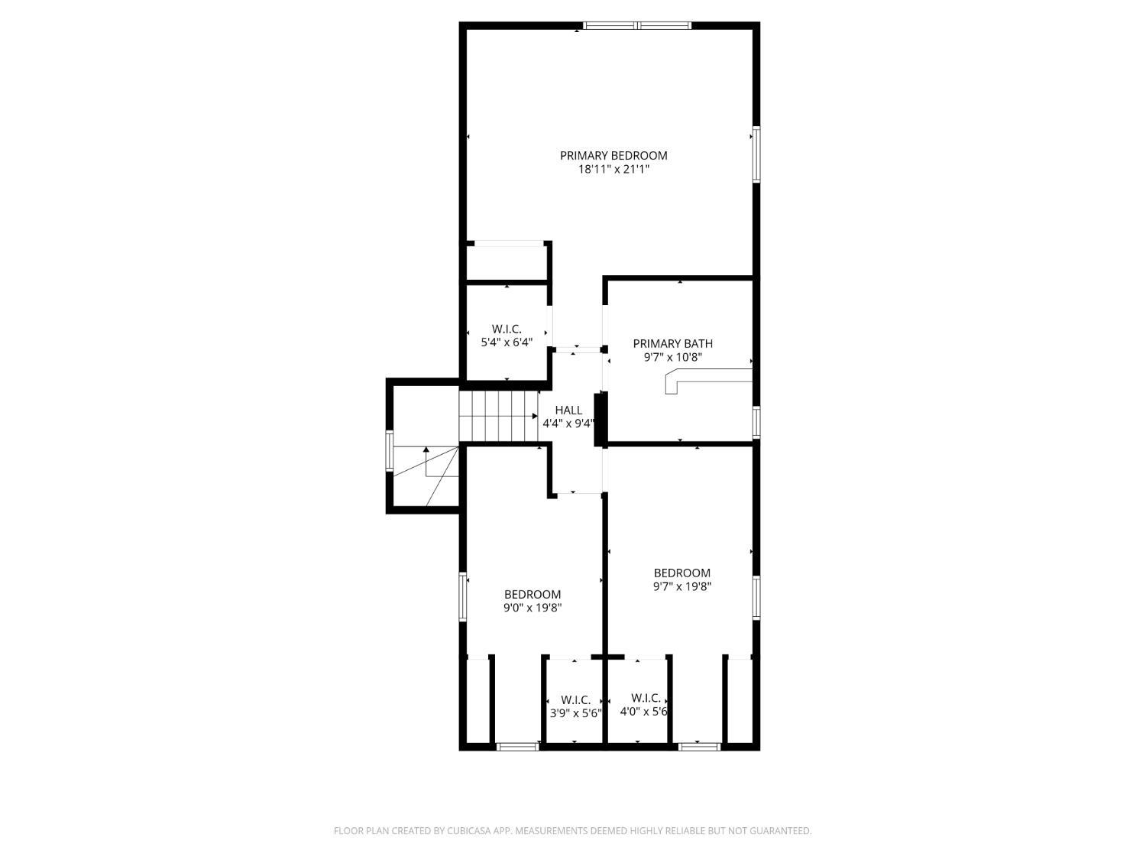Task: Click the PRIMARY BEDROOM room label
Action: [613, 156]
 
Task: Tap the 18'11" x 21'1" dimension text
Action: [613, 169]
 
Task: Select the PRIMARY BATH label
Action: [672, 343]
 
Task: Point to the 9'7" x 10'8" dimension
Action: [672, 357]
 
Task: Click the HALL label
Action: [568, 411]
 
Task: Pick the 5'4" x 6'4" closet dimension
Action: [507, 342]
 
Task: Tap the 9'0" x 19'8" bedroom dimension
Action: [533, 608]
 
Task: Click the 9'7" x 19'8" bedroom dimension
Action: [682, 586]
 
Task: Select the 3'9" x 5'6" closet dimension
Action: [576, 713]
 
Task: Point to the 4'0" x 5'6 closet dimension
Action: [644, 712]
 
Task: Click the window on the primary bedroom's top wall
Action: [637, 25]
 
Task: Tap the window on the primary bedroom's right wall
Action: [756, 154]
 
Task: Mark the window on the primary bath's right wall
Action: [756, 422]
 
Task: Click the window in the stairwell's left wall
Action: [389, 451]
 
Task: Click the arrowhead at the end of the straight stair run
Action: [535, 416]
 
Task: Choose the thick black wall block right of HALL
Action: [600, 420]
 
